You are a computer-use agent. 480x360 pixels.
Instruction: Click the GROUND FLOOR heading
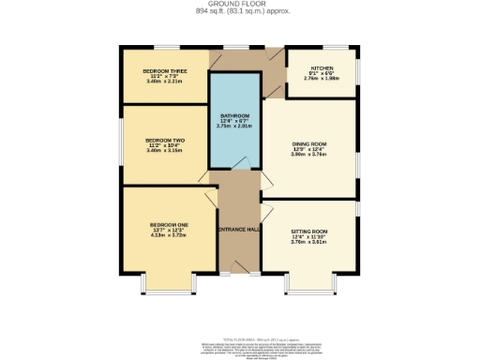pyautogui.click(x=239, y=5)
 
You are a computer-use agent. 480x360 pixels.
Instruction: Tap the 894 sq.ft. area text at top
pyautogui.click(x=239, y=11)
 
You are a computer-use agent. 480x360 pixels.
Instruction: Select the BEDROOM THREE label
pyautogui.click(x=164, y=71)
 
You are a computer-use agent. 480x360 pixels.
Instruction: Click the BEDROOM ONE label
pyautogui.click(x=164, y=225)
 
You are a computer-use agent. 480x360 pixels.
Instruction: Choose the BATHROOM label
pyautogui.click(x=234, y=116)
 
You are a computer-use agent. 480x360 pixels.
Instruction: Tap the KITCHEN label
pyautogui.click(x=322, y=68)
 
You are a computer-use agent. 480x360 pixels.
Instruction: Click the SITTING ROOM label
pyautogui.click(x=308, y=231)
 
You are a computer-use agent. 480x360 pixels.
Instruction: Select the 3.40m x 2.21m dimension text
pyautogui.click(x=164, y=82)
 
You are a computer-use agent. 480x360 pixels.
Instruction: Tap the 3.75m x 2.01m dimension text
pyautogui.click(x=234, y=127)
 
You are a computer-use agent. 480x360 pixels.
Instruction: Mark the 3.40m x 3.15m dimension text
pyautogui.click(x=164, y=151)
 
